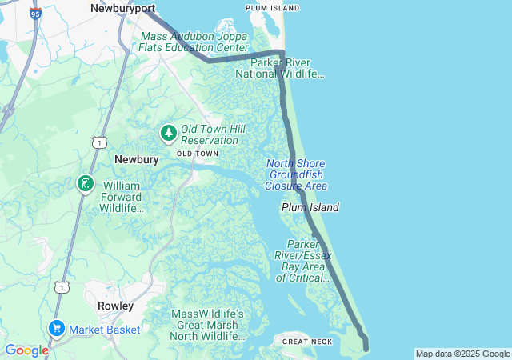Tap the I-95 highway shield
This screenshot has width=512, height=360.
tap(35, 12)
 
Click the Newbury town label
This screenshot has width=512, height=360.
tap(136, 159)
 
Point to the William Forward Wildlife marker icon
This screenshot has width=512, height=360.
tap(85, 185)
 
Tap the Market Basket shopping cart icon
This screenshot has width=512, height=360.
tap(56, 329)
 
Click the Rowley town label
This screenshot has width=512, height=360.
tap(115, 306)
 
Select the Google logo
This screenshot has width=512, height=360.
tap(26, 350)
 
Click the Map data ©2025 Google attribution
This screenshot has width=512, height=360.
tap(462, 354)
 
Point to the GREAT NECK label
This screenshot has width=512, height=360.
tap(307, 342)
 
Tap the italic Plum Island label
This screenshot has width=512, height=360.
tap(310, 207)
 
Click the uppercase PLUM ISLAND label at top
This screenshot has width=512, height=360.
tap(274, 8)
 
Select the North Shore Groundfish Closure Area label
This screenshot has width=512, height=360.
tap(296, 174)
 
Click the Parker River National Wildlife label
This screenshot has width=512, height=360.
tap(280, 68)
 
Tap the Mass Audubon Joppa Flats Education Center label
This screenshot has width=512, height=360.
tap(194, 42)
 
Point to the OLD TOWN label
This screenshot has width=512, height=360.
tap(197, 153)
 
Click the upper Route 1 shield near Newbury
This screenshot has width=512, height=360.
tap(97, 142)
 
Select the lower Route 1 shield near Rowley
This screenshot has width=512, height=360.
tap(61, 286)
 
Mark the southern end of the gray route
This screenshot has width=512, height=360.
tap(366, 347)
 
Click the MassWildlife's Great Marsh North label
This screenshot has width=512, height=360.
tap(207, 325)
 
